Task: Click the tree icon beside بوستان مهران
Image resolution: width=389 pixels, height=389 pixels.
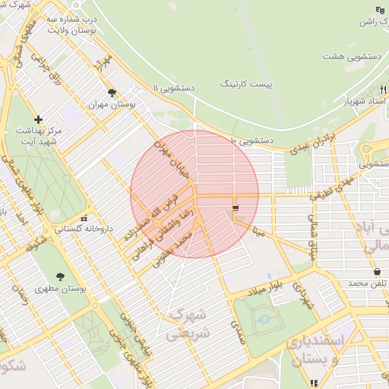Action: (112, 93)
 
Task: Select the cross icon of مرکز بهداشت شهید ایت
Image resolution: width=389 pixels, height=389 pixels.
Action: (38, 119)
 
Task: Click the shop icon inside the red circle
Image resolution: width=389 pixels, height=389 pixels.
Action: (235, 207)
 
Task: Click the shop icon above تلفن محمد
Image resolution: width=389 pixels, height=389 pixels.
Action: (377, 272)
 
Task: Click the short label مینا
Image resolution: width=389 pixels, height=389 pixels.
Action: (260, 230)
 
